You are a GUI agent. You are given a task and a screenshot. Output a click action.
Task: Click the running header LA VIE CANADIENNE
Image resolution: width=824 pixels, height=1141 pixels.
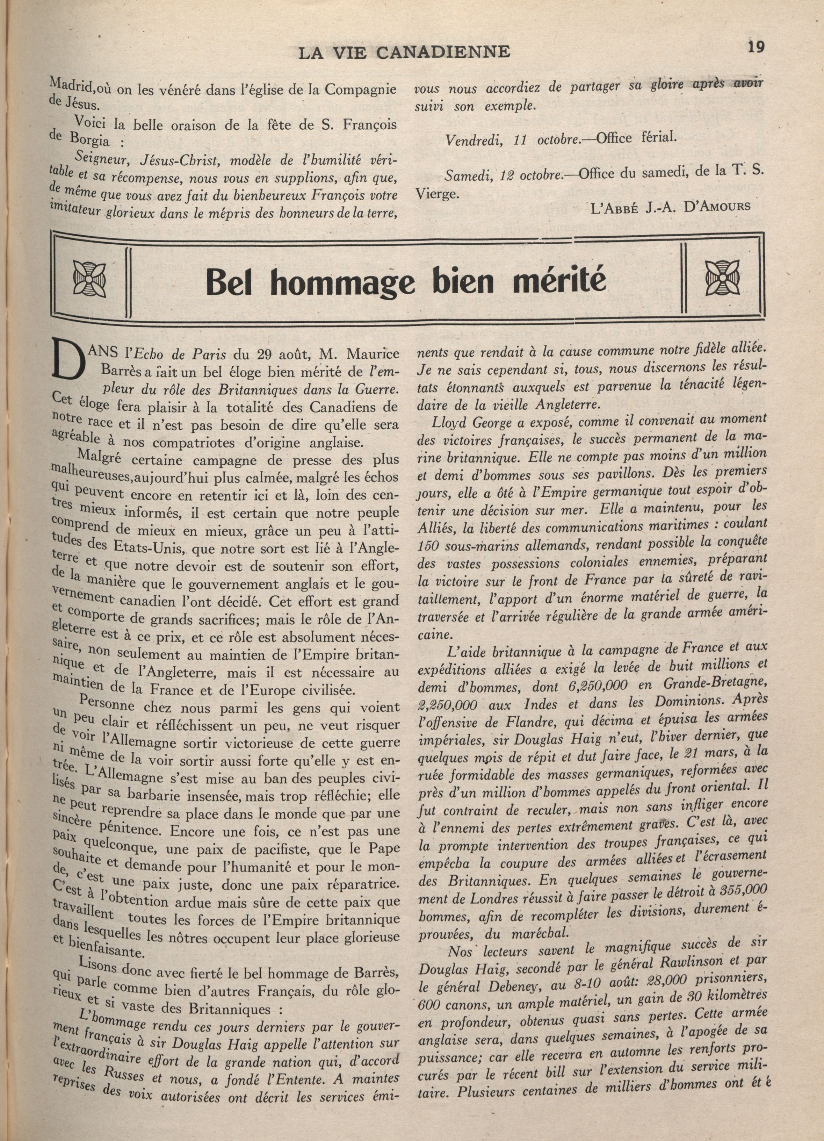point(405,52)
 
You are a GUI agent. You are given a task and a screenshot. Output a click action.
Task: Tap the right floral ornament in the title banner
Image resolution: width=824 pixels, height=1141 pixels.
point(722,277)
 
